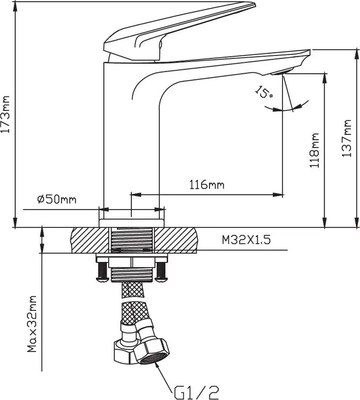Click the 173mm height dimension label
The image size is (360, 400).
point(6,114)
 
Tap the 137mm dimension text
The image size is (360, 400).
point(347,138)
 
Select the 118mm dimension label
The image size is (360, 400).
point(315,150)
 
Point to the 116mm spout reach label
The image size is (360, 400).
point(207,184)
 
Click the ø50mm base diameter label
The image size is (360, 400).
point(57,199)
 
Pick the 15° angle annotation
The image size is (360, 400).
point(264,92)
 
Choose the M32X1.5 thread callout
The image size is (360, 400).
point(246,239)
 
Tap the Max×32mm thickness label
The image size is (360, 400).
point(32,324)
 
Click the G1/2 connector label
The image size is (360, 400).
point(197,392)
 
